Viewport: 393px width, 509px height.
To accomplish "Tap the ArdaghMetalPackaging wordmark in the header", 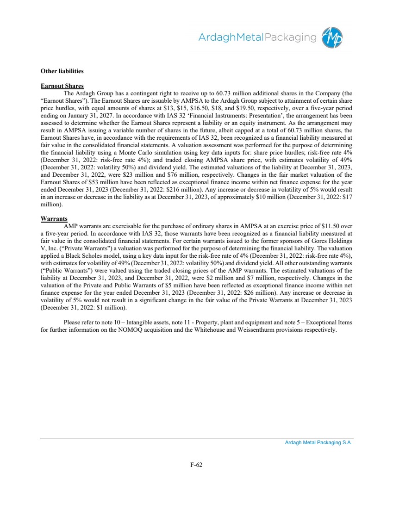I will (257, 37).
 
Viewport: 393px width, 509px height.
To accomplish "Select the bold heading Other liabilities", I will (62, 71).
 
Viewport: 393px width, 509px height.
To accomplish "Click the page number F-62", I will (196, 465).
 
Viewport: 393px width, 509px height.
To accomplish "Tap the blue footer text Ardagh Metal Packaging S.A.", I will (318, 443).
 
